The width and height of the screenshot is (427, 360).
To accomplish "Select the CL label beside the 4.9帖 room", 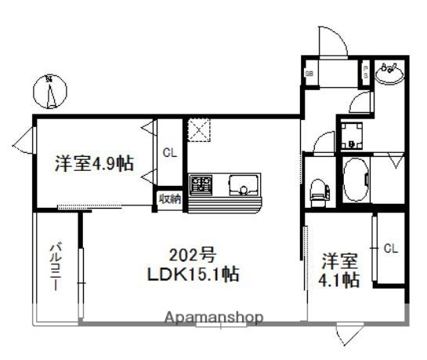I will coord(169,152).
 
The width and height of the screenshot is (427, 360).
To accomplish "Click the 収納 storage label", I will coord(169,198).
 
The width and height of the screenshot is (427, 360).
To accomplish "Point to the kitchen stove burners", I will coord(203,187).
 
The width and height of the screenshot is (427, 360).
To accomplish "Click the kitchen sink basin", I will coord(244,187).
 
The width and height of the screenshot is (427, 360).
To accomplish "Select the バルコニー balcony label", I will coord(56,267).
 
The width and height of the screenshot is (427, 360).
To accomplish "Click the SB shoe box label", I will coord(309,75).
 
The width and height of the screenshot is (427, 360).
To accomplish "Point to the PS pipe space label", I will coord(366,74).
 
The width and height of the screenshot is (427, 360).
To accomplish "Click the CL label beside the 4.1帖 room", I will coord(390,248).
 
